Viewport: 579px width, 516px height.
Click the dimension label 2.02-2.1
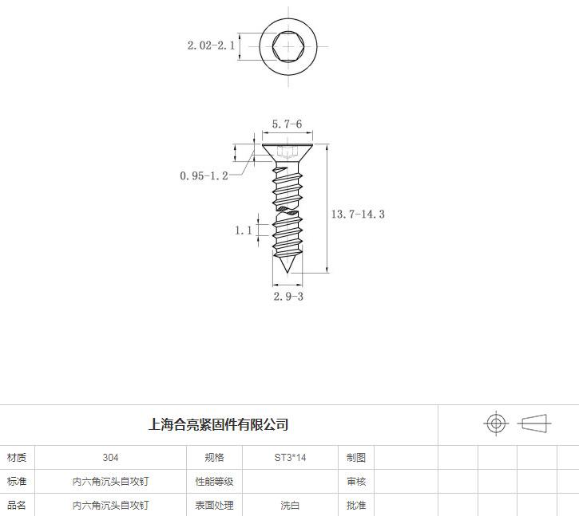tap(212, 45)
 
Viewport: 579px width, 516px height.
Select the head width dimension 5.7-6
tap(287, 124)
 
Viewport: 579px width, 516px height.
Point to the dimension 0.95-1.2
tap(204, 175)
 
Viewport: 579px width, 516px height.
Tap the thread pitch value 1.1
tap(244, 230)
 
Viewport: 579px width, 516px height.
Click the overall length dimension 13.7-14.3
tap(358, 214)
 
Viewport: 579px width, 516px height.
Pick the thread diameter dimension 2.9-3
tap(288, 296)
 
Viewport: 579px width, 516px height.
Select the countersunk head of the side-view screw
tap(288, 151)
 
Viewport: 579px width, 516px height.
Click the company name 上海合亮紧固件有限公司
tap(218, 424)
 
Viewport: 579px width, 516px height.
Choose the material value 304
tap(110, 458)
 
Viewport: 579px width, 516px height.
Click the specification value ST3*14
tap(290, 458)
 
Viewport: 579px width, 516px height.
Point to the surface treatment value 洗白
tap(290, 505)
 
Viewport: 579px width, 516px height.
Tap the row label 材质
tap(17, 458)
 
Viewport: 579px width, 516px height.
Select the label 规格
tap(214, 458)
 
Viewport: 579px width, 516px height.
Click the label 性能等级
tap(214, 482)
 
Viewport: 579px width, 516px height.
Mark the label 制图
tap(356, 458)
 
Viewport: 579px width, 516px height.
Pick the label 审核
tap(356, 482)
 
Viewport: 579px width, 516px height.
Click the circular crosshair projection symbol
tap(496, 423)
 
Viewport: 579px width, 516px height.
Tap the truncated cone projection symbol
tap(535, 423)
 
